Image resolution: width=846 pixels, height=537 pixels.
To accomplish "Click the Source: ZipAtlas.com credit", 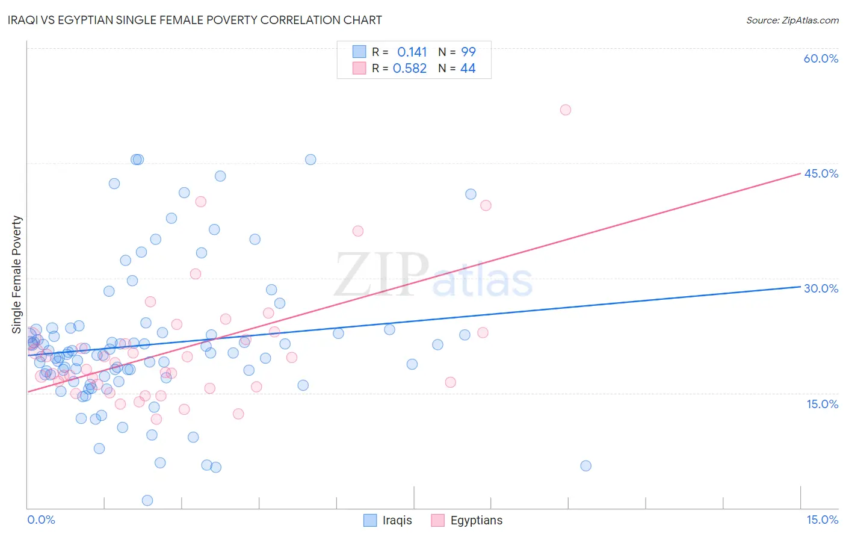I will pyautogui.click(x=792, y=20).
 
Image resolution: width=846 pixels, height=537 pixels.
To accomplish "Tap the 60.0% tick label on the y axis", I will pyautogui.click(x=821, y=58).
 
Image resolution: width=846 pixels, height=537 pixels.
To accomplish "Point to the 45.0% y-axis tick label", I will pyautogui.click(x=821, y=173).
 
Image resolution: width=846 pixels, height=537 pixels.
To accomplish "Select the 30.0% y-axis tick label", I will pyautogui.click(x=821, y=288).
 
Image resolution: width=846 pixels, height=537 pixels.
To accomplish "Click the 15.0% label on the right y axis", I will pyautogui.click(x=822, y=404).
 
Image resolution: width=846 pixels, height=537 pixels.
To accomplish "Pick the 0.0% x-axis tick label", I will pyautogui.click(x=41, y=520).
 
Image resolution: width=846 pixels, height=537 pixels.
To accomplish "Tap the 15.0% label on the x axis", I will pyautogui.click(x=822, y=520).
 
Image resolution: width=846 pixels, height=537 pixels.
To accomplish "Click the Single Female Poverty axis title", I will pyautogui.click(x=17, y=275).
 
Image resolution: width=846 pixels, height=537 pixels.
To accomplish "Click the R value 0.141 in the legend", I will pyautogui.click(x=412, y=52).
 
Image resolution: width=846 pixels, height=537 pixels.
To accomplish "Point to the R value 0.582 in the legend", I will pyautogui.click(x=410, y=68).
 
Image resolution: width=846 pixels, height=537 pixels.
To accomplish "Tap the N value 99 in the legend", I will pyautogui.click(x=468, y=52).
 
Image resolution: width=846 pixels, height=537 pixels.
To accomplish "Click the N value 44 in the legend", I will pyautogui.click(x=468, y=68).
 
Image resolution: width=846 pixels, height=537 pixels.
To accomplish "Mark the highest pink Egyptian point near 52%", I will pyautogui.click(x=566, y=110).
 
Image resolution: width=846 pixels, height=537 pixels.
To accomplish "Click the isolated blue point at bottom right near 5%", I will pyautogui.click(x=586, y=465).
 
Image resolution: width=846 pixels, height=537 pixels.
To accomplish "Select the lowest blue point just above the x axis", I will pyautogui.click(x=147, y=500).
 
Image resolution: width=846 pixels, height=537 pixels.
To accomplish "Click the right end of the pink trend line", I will pyautogui.click(x=800, y=173).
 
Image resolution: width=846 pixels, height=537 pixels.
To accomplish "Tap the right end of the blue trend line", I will pyautogui.click(x=800, y=287).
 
